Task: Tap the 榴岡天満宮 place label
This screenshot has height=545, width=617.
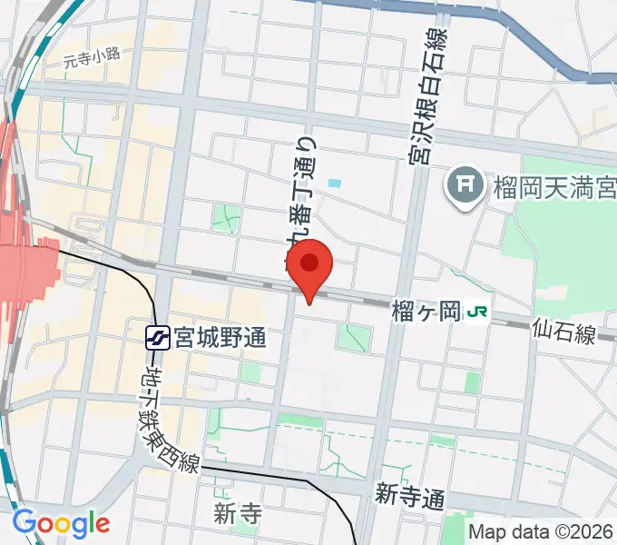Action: point(554,189)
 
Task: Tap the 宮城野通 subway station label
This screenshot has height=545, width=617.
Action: point(221,339)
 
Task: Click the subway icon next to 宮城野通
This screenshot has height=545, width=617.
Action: point(158,339)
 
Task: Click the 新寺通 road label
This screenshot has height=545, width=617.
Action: point(410,496)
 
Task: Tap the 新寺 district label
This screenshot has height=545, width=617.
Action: point(239,514)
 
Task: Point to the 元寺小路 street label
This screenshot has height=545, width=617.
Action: point(92,60)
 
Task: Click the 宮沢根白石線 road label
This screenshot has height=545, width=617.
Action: point(426,94)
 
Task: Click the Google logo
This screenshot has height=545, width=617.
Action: point(62,523)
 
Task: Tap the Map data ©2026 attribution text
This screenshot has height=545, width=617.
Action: point(541,531)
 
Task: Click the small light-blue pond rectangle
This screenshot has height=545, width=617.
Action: point(335,183)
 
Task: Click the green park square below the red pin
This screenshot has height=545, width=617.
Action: point(354,338)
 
